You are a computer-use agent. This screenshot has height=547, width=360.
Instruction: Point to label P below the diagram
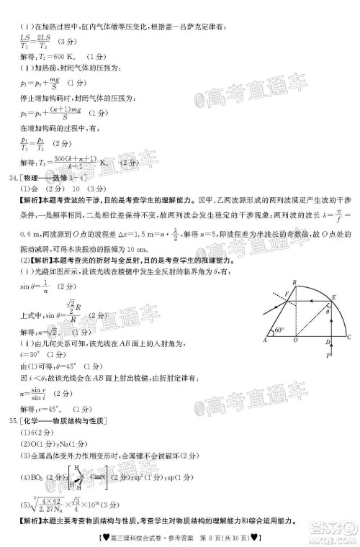click(325, 356)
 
